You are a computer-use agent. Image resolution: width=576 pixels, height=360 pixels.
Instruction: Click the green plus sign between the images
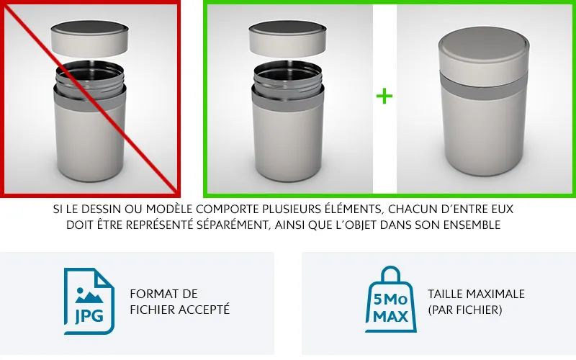point(384,96)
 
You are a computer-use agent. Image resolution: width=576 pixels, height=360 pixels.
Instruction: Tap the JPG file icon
point(89,301)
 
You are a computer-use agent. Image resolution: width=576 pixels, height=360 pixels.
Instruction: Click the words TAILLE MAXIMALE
point(476,294)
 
